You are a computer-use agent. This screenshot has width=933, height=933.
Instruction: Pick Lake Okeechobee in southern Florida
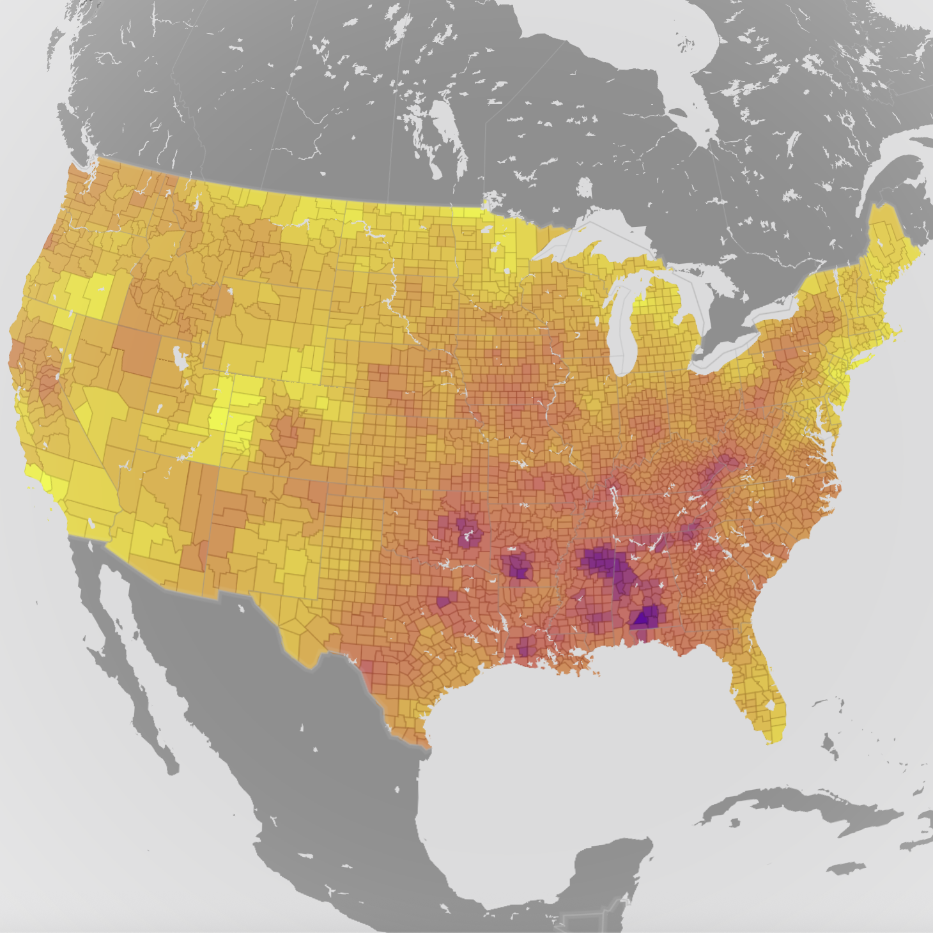770,706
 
